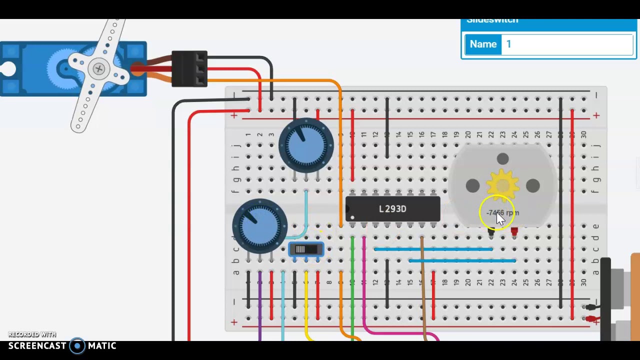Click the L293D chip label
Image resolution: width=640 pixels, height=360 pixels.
pyautogui.click(x=392, y=209)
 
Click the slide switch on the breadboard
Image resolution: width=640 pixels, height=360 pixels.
pyautogui.click(x=306, y=249)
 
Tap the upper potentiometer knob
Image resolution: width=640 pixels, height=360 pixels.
pyautogui.click(x=306, y=145)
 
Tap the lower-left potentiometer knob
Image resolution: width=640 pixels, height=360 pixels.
pyautogui.click(x=259, y=225)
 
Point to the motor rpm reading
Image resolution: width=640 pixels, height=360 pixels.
pyautogui.click(x=502, y=213)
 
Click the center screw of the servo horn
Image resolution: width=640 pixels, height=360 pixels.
pyautogui.click(x=99, y=69)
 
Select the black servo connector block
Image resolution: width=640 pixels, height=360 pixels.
pyautogui.click(x=189, y=68)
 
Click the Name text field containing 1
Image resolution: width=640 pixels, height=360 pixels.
pyautogui.click(x=567, y=44)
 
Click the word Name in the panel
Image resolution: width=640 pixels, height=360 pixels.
pyautogui.click(x=483, y=44)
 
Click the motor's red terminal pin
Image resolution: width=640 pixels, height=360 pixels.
pyautogui.click(x=514, y=231)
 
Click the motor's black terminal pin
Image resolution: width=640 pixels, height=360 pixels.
pyautogui.click(x=491, y=231)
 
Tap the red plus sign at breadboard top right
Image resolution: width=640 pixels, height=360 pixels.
pyautogui.click(x=596, y=115)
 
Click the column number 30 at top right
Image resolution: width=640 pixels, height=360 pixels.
pyautogui.click(x=583, y=135)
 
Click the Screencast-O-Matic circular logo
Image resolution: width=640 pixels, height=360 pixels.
pyautogui.click(x=77, y=346)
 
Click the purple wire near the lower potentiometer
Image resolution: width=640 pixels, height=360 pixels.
pyautogui.click(x=259, y=300)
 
